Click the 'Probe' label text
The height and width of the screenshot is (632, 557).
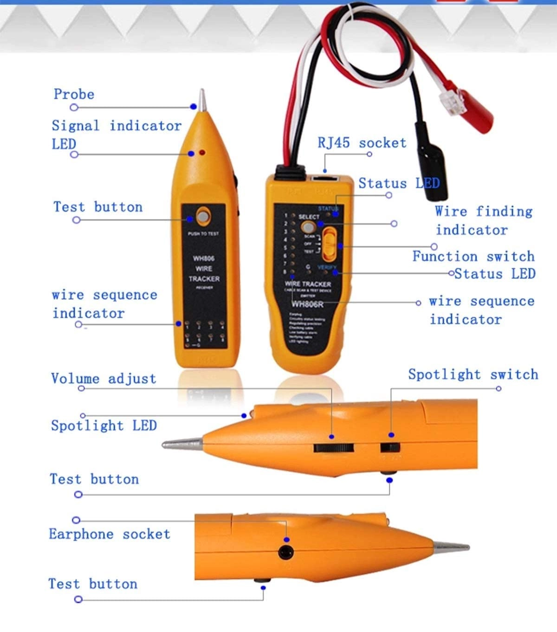pyautogui.click(x=74, y=94)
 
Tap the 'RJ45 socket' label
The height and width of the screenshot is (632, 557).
pyautogui.click(x=362, y=143)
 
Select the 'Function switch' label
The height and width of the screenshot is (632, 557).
pyautogui.click(x=473, y=256)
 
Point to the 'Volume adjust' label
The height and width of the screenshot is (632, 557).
pyautogui.click(x=104, y=379)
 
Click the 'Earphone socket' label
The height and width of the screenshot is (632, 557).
pyautogui.click(x=110, y=534)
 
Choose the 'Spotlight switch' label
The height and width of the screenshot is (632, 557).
pyautogui.click(x=473, y=374)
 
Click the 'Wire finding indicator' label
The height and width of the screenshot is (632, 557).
pyautogui.click(x=483, y=220)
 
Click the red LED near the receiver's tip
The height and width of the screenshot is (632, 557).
pyautogui.click(x=202, y=152)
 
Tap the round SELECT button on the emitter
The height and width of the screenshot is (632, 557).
pyautogui.click(x=307, y=227)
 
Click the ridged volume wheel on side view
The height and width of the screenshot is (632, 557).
pyautogui.click(x=333, y=448)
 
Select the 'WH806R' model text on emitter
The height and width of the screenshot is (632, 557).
pyautogui.click(x=307, y=304)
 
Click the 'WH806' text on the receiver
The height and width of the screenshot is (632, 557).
pyautogui.click(x=204, y=258)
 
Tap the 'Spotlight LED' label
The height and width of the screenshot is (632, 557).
pyautogui.click(x=104, y=426)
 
